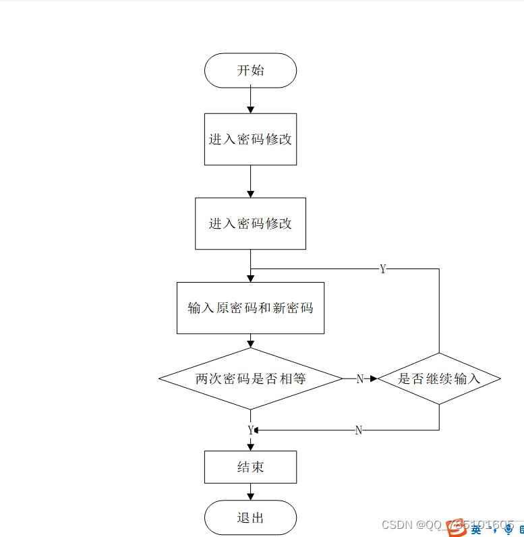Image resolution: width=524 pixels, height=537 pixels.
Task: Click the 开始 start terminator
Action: tap(250, 70)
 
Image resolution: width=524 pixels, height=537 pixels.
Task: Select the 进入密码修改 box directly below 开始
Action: tap(250, 139)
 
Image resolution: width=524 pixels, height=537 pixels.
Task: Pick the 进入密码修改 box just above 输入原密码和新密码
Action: tap(250, 223)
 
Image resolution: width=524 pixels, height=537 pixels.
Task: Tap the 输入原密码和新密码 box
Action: tap(250, 308)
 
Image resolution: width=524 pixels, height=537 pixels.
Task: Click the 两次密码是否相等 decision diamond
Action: tap(250, 378)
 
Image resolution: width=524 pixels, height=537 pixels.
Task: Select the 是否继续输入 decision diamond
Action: tap(438, 378)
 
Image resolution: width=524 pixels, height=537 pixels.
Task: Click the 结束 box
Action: tap(250, 467)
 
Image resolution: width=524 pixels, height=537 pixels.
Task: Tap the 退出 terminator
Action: tap(250, 517)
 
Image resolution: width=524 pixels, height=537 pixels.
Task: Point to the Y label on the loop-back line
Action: tap(383, 269)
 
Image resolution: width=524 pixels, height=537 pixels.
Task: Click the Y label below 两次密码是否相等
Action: tap(250, 430)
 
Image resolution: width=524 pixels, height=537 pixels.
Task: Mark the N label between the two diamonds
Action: tap(359, 379)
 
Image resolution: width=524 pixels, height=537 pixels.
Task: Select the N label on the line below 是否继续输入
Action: tap(359, 430)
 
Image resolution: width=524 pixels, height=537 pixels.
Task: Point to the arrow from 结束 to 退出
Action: tap(250, 492)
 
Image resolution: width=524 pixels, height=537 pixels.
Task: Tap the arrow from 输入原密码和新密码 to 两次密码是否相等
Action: tap(250, 341)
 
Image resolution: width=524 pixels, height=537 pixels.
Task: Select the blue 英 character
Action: tap(476, 530)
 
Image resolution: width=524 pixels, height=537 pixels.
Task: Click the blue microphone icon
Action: tap(508, 530)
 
